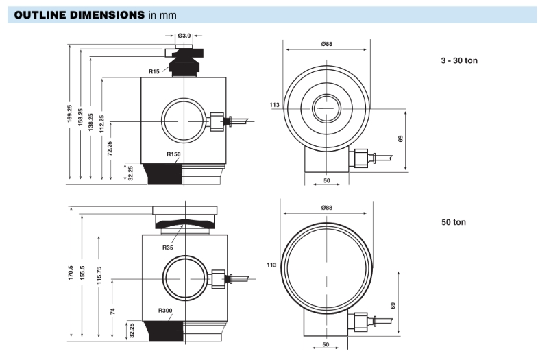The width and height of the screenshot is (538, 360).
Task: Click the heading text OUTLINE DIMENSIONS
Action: (x=77, y=14)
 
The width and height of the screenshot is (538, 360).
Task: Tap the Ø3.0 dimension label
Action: (x=184, y=36)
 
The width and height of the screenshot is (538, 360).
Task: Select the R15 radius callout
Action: (x=155, y=71)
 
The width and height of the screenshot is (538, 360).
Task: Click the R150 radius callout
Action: (x=173, y=154)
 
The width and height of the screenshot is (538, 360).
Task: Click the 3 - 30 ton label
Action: (x=459, y=60)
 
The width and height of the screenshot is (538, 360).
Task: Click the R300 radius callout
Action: (x=165, y=311)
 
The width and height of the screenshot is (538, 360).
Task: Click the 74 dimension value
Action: (x=112, y=311)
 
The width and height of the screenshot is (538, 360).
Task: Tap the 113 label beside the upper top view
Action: (x=275, y=105)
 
